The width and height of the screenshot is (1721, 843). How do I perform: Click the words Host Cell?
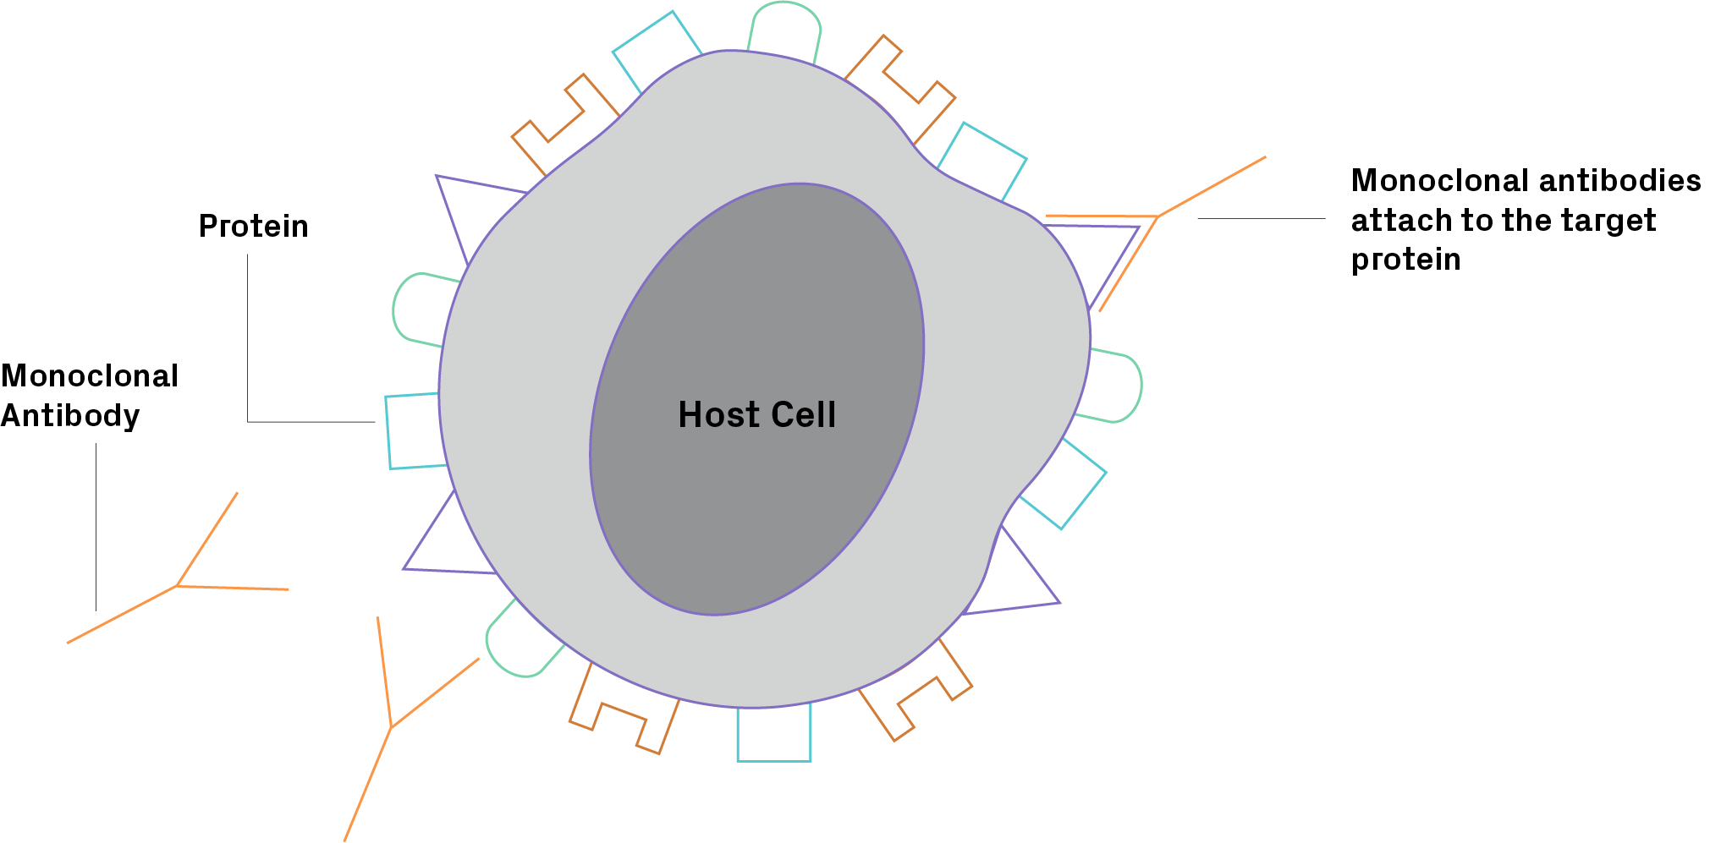coord(756,415)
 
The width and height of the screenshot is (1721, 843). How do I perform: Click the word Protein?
coord(253,227)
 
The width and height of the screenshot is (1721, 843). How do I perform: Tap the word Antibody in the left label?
coord(70,416)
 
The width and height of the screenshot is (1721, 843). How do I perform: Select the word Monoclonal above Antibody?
coord(90,376)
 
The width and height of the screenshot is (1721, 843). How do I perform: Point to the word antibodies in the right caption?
coord(1619,181)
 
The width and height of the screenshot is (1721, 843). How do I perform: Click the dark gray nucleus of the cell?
coord(762,338)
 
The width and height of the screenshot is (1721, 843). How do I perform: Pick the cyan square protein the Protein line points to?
coord(413,430)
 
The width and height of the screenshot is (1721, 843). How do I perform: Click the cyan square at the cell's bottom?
coord(773,733)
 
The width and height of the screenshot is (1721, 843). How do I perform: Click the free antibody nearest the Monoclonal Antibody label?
coord(178,584)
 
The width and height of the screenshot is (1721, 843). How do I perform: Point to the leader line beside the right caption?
coord(1261,218)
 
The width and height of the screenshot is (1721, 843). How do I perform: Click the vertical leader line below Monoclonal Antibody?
coord(96,524)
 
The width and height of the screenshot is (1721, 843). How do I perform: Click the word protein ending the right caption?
coord(1405,260)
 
